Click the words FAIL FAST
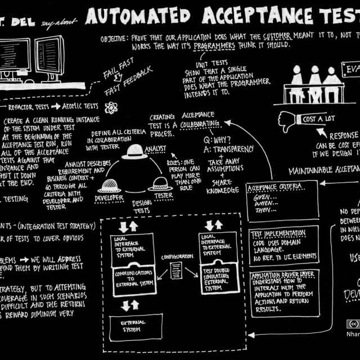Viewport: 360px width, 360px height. (x=118, y=74)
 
